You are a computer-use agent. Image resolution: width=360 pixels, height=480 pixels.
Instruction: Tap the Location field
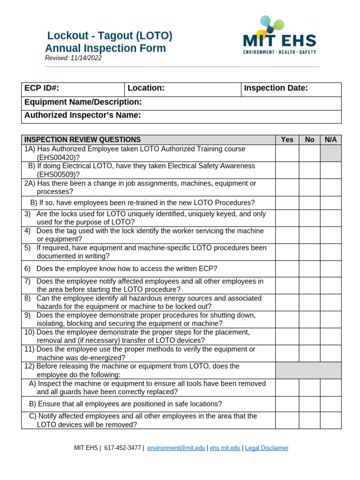pos(182,89)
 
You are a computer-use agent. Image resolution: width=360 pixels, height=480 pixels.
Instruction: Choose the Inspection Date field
pos(291,89)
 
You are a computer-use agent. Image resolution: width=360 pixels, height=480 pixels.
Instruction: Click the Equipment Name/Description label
pos(83,102)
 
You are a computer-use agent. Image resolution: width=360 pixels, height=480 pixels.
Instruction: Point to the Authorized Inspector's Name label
pos(82,115)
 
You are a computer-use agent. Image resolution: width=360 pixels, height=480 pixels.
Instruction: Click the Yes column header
pos(287,140)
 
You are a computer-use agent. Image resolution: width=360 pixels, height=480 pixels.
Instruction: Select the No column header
pos(309,140)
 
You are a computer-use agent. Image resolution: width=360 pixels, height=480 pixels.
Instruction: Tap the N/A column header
pos(330,140)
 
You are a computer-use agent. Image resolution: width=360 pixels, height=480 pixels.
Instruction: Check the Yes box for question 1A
pos(287,153)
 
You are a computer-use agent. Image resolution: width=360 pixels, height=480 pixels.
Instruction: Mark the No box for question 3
pos(309,218)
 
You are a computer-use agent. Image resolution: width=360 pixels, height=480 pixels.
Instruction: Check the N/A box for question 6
pos(330,269)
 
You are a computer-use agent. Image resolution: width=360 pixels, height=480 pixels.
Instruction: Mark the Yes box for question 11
pos(287,353)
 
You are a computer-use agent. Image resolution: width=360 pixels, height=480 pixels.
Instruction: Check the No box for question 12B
pos(309,404)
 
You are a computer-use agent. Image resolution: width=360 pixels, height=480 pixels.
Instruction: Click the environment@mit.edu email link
pos(176,448)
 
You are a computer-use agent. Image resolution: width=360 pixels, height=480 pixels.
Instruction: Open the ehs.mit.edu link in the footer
pos(225,448)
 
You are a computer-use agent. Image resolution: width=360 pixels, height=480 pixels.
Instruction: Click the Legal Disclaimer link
pos(267,448)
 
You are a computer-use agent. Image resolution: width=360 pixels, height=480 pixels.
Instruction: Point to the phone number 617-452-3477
pos(122,448)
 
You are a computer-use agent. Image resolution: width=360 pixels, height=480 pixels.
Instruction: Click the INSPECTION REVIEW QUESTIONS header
pos(82,140)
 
